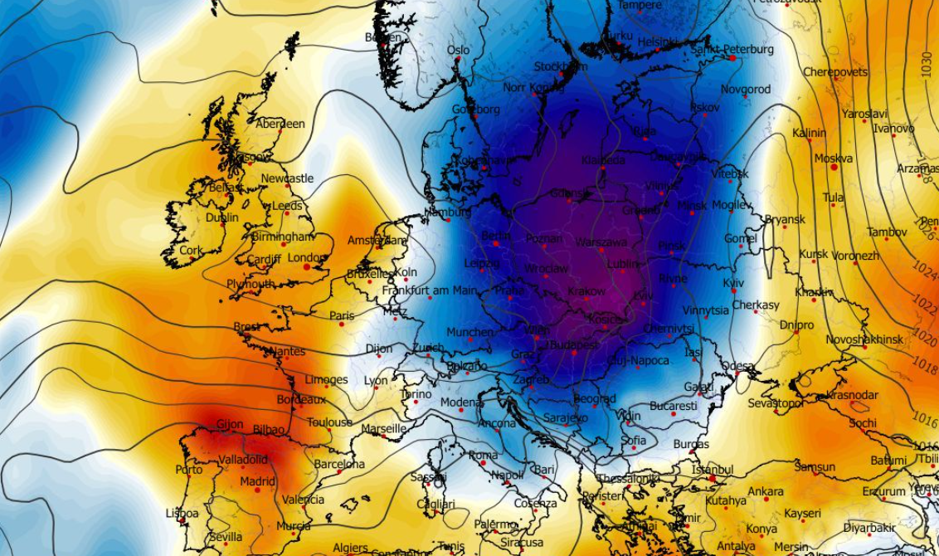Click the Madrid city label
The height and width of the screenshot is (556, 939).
(258, 481)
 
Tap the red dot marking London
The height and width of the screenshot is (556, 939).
(307, 267)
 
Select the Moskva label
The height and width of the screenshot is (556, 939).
(833, 159)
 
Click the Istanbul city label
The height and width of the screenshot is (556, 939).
(713, 470)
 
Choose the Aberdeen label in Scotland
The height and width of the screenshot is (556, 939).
(280, 124)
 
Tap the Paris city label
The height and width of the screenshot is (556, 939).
(342, 315)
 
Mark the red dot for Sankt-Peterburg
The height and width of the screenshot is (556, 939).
(733, 58)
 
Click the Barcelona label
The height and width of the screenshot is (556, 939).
(339, 464)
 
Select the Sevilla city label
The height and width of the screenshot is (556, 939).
(226, 537)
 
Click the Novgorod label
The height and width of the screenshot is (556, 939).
(745, 90)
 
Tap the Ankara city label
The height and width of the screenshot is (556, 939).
(765, 491)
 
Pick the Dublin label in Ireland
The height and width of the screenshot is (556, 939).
(221, 218)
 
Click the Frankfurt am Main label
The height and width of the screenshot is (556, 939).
(429, 290)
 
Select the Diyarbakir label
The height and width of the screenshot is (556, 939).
(869, 528)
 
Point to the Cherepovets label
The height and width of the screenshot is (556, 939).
(834, 72)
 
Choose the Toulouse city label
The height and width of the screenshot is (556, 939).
(329, 422)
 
